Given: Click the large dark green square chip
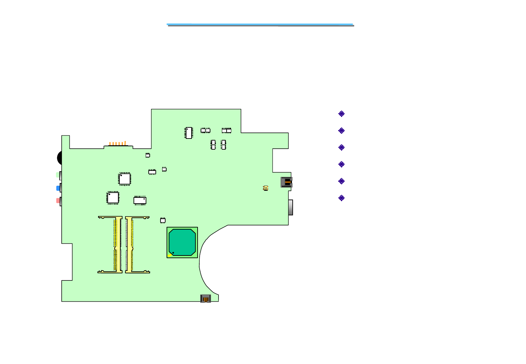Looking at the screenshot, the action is (182, 242).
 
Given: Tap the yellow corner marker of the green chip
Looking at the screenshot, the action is (169, 255).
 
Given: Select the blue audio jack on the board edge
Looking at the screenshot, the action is (58, 188).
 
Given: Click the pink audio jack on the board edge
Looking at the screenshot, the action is (58, 201).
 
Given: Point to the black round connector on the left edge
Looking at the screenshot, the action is (60, 158).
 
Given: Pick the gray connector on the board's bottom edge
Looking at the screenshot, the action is (205, 299).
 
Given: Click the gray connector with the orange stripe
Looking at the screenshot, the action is (286, 182).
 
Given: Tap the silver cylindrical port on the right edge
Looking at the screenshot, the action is (291, 207).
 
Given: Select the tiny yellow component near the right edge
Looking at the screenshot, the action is (266, 188).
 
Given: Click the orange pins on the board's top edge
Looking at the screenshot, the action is (117, 144).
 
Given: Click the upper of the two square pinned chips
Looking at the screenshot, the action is (124, 179).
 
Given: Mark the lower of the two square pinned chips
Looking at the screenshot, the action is (113, 198).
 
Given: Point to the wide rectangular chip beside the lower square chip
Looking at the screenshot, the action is (140, 201).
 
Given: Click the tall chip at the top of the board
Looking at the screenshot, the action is (189, 133).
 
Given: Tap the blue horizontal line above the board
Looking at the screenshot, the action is (260, 24).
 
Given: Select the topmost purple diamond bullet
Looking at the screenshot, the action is (341, 114).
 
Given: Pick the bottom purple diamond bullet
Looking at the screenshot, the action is (341, 198).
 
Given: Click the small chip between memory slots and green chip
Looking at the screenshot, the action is (163, 220).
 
